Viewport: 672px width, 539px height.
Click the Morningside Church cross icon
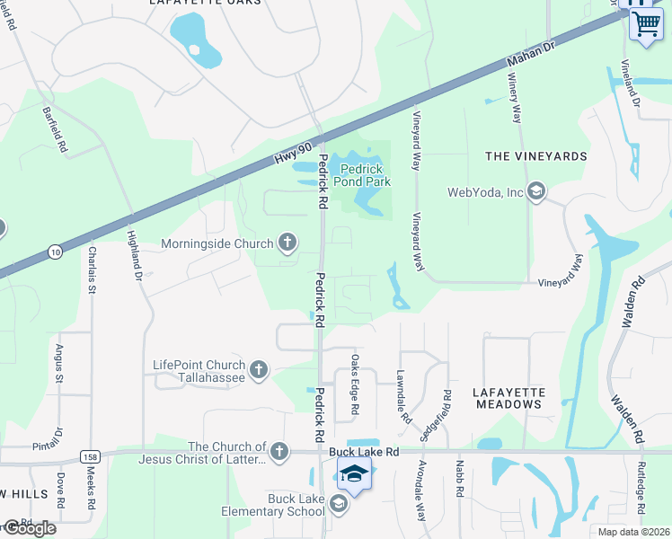(x=287, y=243)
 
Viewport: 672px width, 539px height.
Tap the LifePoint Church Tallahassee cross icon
(x=259, y=370)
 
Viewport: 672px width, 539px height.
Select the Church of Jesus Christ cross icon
(x=279, y=452)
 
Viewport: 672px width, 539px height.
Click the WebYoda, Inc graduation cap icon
(x=536, y=191)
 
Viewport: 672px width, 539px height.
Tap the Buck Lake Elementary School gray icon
(x=338, y=505)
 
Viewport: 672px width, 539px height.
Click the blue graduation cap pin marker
(x=354, y=474)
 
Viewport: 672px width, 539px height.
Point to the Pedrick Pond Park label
(x=362, y=174)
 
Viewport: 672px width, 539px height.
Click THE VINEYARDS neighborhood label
(x=535, y=156)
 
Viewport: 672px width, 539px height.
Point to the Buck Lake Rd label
(x=363, y=452)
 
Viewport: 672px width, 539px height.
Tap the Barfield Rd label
(x=56, y=129)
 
